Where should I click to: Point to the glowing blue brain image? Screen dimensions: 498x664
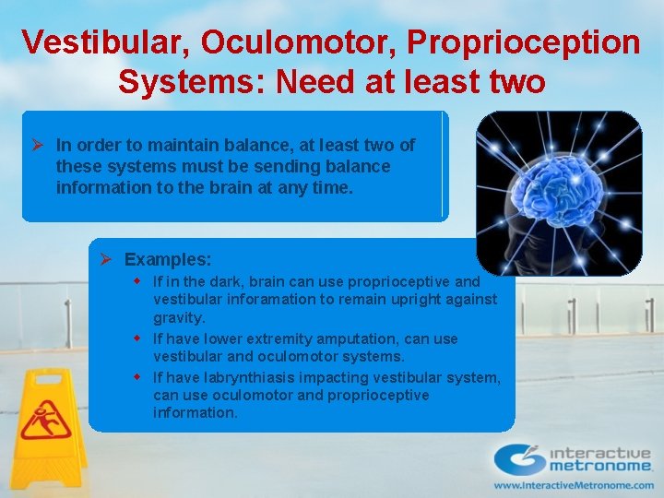click(x=558, y=193)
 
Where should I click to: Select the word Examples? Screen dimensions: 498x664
click(x=168, y=260)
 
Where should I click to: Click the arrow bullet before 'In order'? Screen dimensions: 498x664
click(x=39, y=146)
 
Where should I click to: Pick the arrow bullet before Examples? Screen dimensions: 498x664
click(x=106, y=260)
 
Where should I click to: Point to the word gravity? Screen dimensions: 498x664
click(x=178, y=317)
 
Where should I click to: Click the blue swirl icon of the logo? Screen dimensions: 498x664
click(x=519, y=458)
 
